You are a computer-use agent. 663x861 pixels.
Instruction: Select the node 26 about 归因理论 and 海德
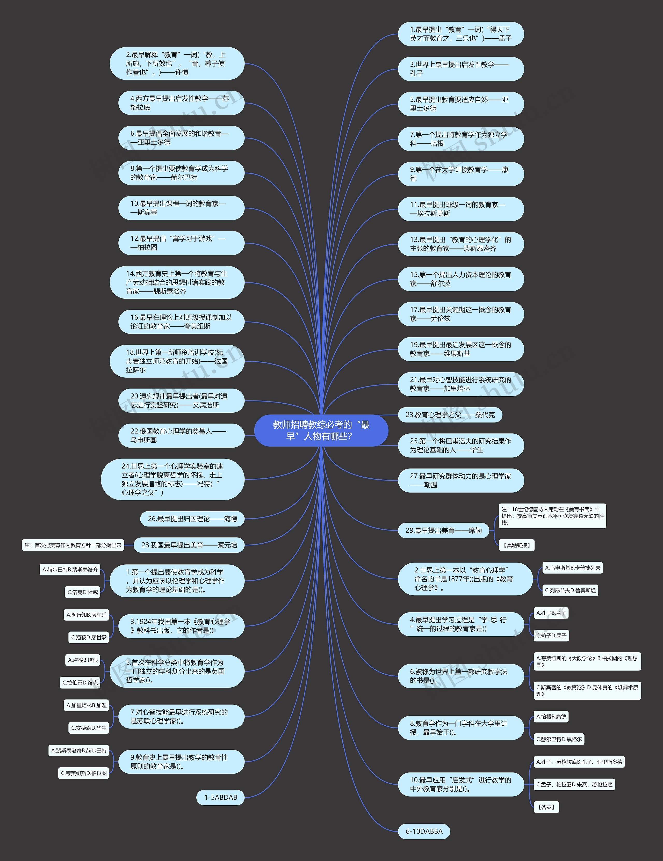coord(192,519)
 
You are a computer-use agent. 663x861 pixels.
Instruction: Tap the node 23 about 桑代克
coord(450,415)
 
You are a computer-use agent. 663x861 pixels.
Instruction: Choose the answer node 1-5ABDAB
coord(220,797)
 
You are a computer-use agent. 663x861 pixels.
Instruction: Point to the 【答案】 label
coord(546,807)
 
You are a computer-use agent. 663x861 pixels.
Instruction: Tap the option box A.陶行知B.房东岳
coord(87,615)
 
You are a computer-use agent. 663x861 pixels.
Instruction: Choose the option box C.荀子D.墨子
coord(551,636)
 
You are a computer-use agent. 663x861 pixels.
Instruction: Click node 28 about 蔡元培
coord(189,545)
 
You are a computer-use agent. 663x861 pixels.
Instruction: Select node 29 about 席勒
coord(444,531)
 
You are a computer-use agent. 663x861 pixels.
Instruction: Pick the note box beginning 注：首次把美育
coord(73,545)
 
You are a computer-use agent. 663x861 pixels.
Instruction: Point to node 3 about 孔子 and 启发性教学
coord(461,69)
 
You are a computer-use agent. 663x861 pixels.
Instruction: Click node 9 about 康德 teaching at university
coord(461,174)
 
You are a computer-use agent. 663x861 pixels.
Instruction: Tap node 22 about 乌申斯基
coord(182,436)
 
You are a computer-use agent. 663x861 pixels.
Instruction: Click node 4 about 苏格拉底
coord(182,103)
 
